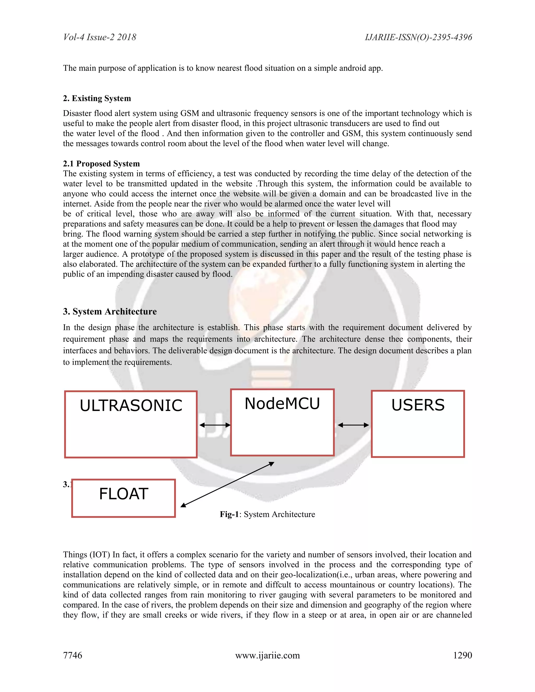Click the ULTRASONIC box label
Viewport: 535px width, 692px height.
[x=131, y=406]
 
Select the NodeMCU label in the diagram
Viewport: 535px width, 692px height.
[x=282, y=404]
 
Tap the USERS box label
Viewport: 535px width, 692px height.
[x=418, y=405]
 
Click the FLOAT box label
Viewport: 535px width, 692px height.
[x=124, y=494]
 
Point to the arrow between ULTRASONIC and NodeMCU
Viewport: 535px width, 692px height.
[x=214, y=425]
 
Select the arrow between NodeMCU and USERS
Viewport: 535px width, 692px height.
[x=353, y=425]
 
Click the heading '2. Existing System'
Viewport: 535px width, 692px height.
[x=97, y=98]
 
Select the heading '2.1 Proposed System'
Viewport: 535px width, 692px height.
[x=101, y=163]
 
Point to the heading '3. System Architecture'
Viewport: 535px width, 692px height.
[x=110, y=312]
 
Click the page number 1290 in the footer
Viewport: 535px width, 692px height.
[x=462, y=655]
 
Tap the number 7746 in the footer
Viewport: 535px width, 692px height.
[x=73, y=655]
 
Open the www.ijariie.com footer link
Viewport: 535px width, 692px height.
[x=267, y=655]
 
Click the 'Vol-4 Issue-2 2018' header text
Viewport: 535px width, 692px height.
[x=100, y=37]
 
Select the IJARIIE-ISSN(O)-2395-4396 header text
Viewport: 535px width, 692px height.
[x=418, y=37]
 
